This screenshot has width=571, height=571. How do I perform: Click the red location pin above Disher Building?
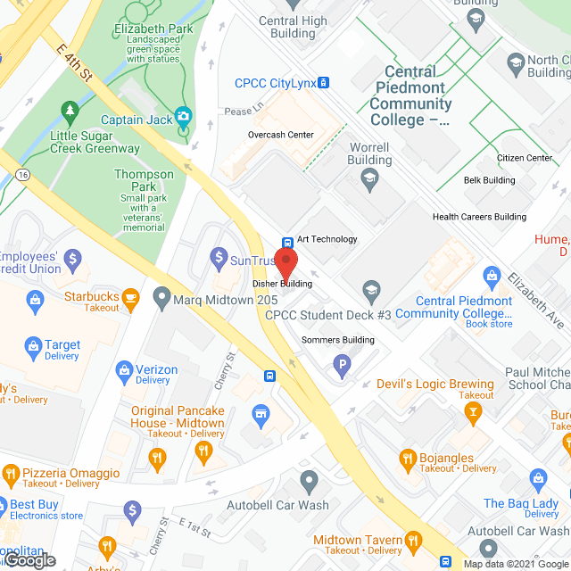(x=285, y=263)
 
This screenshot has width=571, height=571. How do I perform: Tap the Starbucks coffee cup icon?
(x=131, y=296)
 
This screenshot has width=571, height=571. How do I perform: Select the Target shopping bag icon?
(x=33, y=345)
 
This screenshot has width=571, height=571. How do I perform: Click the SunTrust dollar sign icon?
(x=218, y=259)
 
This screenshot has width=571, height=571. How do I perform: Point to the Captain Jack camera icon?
(x=184, y=115)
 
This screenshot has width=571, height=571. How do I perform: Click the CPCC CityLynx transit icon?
(x=324, y=83)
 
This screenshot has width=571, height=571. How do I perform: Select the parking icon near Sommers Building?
(x=341, y=364)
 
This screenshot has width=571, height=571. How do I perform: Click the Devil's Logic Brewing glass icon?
(x=473, y=410)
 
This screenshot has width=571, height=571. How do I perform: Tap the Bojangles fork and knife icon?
(x=408, y=458)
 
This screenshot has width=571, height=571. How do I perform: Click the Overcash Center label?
(x=281, y=135)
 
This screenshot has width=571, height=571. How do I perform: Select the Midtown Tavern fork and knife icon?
(x=413, y=540)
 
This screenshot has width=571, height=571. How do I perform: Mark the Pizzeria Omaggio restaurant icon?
(x=10, y=473)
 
